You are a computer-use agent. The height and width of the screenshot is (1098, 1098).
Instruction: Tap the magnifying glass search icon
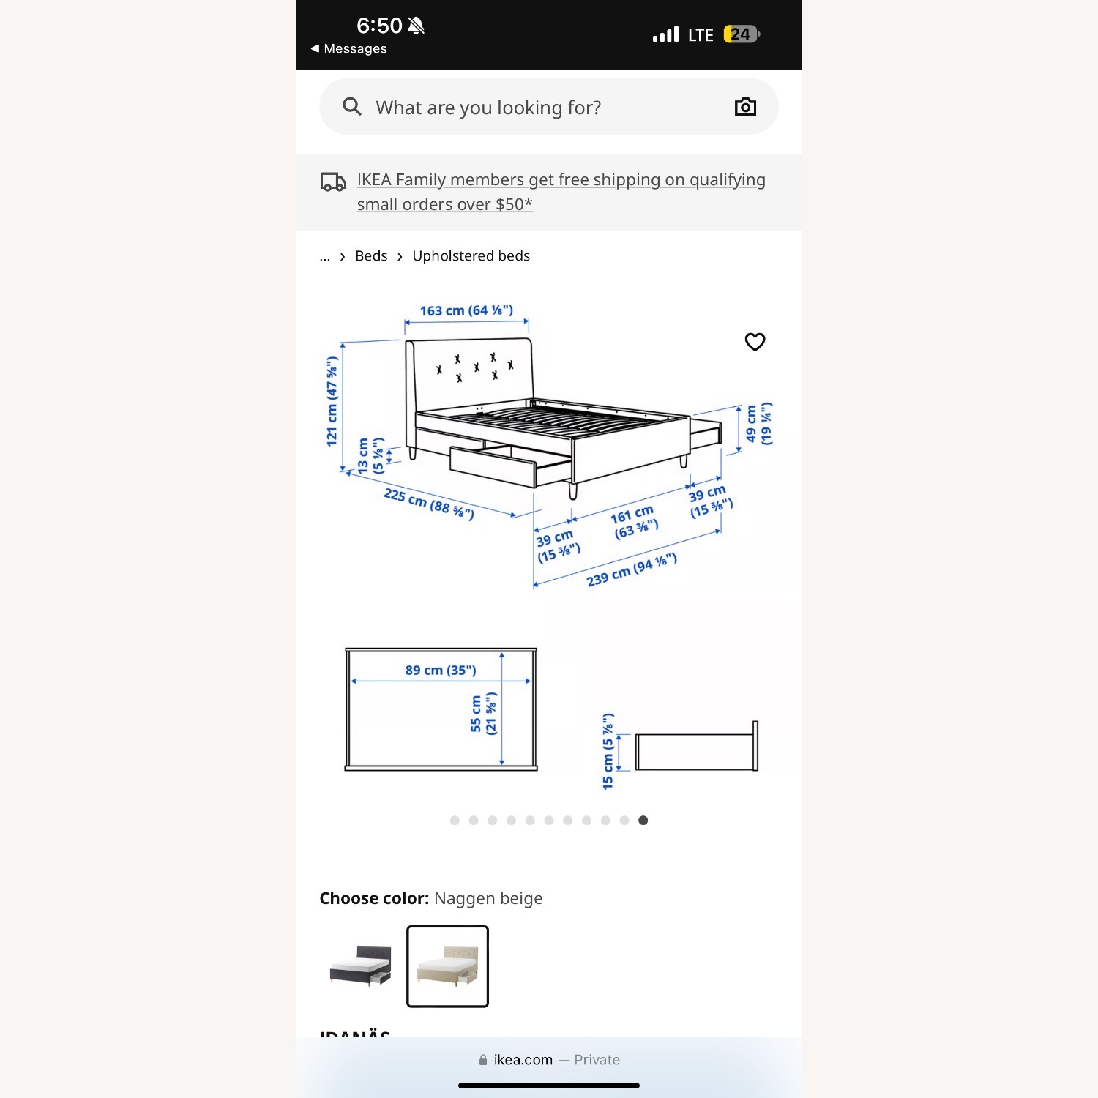click(352, 107)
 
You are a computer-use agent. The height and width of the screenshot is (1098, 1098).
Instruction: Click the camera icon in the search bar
click(745, 107)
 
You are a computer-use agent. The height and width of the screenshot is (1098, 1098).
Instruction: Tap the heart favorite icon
click(755, 342)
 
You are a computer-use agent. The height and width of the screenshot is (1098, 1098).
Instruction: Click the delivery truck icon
click(333, 182)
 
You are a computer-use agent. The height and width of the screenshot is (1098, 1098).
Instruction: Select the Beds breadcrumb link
click(371, 256)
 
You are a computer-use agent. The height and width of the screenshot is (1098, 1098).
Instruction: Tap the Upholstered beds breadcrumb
click(471, 256)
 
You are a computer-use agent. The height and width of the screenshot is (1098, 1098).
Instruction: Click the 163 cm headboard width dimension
click(466, 310)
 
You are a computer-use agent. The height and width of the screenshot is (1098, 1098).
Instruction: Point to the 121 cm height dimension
click(332, 401)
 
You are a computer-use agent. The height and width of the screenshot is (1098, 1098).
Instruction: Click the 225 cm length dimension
click(428, 504)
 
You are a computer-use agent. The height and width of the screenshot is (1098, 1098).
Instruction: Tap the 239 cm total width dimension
click(631, 570)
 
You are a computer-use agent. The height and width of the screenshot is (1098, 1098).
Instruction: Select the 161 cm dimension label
click(634, 522)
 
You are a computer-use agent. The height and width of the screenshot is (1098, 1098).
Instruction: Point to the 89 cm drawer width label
click(441, 670)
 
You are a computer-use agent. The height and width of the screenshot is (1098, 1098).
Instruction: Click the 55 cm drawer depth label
click(483, 714)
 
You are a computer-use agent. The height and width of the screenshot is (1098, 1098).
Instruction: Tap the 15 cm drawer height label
click(608, 751)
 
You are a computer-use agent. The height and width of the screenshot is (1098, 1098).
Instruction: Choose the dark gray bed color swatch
click(360, 966)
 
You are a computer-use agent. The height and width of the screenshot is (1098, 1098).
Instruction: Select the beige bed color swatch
click(447, 966)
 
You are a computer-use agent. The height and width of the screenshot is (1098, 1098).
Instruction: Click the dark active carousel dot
click(643, 821)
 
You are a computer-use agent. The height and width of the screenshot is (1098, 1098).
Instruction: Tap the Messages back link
click(349, 48)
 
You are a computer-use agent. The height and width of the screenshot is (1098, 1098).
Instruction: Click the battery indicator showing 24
click(741, 34)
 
